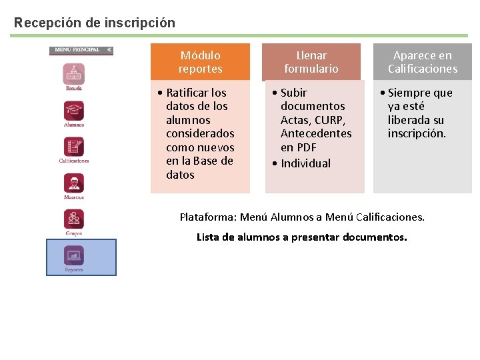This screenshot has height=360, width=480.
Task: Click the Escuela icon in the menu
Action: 74,73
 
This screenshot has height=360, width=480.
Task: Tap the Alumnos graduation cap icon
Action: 74,110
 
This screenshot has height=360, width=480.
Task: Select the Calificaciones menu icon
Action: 74,147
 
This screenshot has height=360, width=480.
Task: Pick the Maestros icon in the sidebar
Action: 74,183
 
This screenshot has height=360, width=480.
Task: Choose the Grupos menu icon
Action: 74,219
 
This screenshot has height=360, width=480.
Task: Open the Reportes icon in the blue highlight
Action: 74,255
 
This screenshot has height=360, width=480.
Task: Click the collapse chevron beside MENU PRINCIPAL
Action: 109,50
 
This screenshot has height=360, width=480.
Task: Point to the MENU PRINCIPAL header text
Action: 77,50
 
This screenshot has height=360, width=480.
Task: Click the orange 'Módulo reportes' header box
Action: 200,62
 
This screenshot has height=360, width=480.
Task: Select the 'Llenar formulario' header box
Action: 311,62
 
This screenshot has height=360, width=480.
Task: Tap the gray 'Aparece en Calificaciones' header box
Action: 423,62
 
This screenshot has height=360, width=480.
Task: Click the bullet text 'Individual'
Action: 305,163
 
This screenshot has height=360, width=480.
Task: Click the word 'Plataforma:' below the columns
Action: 208,217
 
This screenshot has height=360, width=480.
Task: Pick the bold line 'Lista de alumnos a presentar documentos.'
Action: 301,237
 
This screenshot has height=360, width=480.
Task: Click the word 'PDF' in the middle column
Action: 307,147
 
